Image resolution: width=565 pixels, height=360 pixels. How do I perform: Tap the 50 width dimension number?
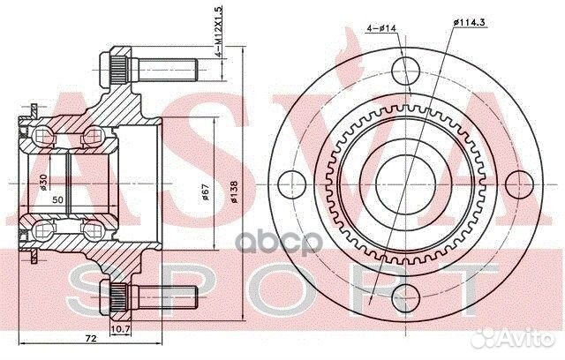point(57,201)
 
